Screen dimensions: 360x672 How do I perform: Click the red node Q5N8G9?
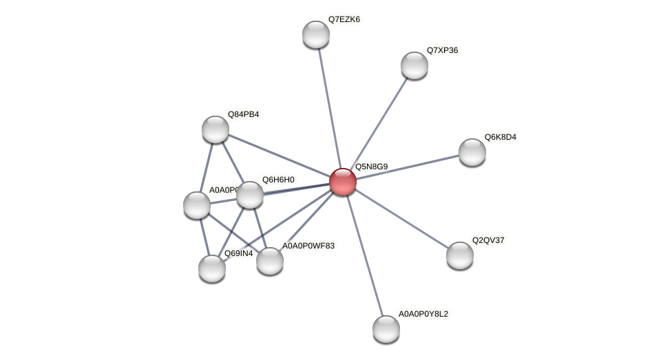(342, 182)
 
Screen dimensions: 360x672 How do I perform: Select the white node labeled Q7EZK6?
(316, 34)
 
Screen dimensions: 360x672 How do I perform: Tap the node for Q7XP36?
(414, 65)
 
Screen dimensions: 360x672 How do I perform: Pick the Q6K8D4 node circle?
(472, 152)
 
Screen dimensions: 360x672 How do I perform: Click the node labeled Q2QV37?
(460, 255)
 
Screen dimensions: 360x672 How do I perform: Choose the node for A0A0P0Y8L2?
(386, 329)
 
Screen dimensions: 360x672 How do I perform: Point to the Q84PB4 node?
(216, 129)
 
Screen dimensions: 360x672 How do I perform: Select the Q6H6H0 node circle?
(250, 195)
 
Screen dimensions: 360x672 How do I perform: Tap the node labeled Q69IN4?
(212, 268)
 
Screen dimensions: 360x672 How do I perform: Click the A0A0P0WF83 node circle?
(270, 261)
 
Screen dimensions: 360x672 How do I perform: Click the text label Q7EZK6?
(344, 19)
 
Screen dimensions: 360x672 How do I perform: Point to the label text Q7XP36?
(442, 50)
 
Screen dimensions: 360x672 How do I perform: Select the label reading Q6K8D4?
(500, 137)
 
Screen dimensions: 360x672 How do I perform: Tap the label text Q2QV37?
(488, 240)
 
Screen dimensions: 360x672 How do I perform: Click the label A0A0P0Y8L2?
(423, 314)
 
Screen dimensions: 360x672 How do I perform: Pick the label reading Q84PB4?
(244, 114)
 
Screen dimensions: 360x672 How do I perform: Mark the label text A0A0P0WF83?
(308, 246)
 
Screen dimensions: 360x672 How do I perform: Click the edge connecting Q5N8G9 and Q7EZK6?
(329, 108)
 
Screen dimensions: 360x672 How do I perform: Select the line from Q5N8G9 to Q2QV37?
(401, 218)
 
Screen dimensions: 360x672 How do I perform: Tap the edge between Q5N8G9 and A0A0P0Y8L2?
(364, 255)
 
